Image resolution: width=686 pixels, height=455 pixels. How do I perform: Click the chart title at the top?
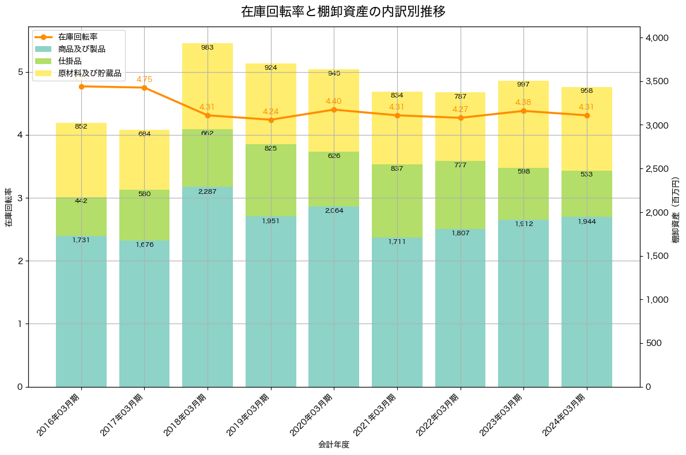(343, 12)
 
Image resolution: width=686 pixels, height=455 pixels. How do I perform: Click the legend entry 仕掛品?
(70, 61)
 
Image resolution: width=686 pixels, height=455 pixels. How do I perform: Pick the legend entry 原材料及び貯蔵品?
(89, 73)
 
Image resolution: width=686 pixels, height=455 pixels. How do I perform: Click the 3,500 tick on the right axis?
(657, 81)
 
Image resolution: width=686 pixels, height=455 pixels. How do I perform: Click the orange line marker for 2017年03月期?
(144, 88)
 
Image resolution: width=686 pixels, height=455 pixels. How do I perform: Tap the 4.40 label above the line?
(334, 101)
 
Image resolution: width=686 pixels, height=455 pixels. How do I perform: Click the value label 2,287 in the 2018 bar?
(208, 191)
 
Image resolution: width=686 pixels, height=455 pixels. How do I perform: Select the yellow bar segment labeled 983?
(208, 87)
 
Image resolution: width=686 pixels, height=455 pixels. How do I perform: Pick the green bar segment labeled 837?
(397, 201)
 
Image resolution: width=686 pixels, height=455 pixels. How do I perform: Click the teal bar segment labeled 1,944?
(587, 302)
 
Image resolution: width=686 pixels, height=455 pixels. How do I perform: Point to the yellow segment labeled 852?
(81, 160)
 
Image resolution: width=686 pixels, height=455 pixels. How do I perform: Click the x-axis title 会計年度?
(334, 445)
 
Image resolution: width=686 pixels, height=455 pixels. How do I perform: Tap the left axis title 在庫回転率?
(8, 208)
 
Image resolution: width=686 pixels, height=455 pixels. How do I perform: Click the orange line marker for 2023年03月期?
(523, 111)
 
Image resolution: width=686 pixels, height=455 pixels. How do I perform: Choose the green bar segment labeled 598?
(523, 194)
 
